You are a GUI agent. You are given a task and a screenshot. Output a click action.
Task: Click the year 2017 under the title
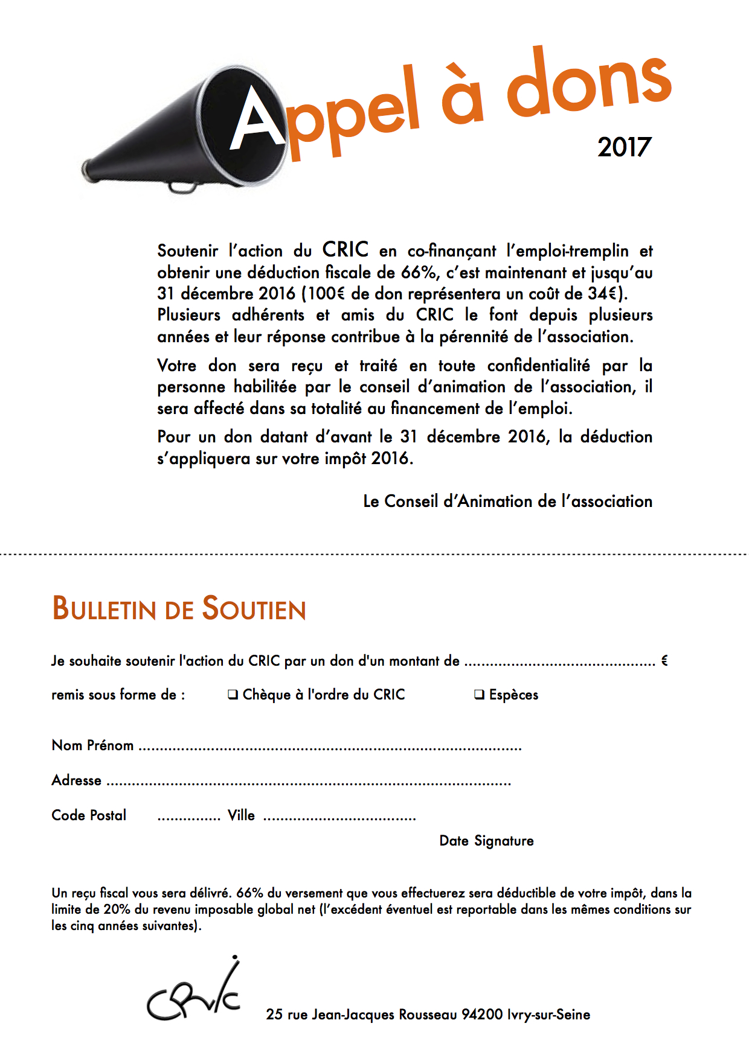[625, 147]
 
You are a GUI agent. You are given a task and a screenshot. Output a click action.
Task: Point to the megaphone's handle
[182, 186]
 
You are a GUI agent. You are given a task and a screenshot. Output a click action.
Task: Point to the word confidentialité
[538, 366]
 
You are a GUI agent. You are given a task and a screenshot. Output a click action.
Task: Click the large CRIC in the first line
[345, 249]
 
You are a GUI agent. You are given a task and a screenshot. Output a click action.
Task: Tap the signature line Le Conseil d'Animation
[507, 502]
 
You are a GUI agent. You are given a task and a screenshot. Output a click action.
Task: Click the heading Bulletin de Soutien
[179, 608]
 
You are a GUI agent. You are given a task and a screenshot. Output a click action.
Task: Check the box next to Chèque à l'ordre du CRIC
[233, 695]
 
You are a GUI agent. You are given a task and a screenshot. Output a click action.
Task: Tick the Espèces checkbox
[479, 695]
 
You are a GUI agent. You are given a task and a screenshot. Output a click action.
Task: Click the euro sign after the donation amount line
[664, 661]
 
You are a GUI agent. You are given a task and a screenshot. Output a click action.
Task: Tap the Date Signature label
[486, 841]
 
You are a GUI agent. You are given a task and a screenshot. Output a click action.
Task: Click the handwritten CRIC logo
[194, 993]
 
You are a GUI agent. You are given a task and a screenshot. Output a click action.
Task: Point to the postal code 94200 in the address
[481, 1015]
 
